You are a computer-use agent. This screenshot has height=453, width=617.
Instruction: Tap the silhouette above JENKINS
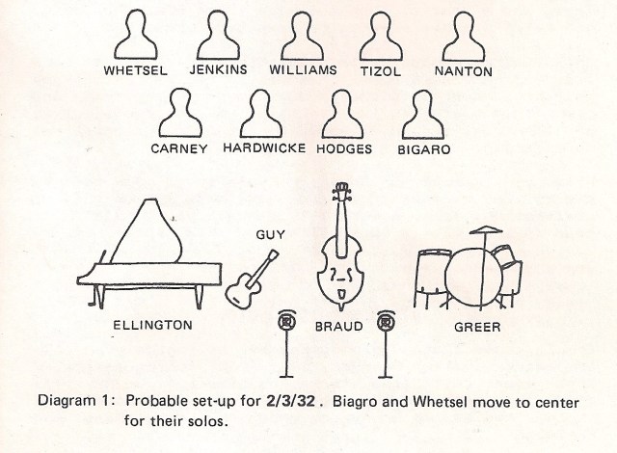point(219,39)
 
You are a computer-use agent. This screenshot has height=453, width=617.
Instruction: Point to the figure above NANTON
point(463,39)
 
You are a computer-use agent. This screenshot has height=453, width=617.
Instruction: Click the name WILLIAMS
point(303,70)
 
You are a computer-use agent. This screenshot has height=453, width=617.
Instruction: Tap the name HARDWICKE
point(264,148)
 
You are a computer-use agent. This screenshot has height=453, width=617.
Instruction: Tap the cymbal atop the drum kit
point(489,228)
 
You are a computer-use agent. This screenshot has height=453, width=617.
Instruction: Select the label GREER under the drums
point(477,327)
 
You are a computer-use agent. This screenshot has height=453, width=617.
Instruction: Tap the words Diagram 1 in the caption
point(72,399)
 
